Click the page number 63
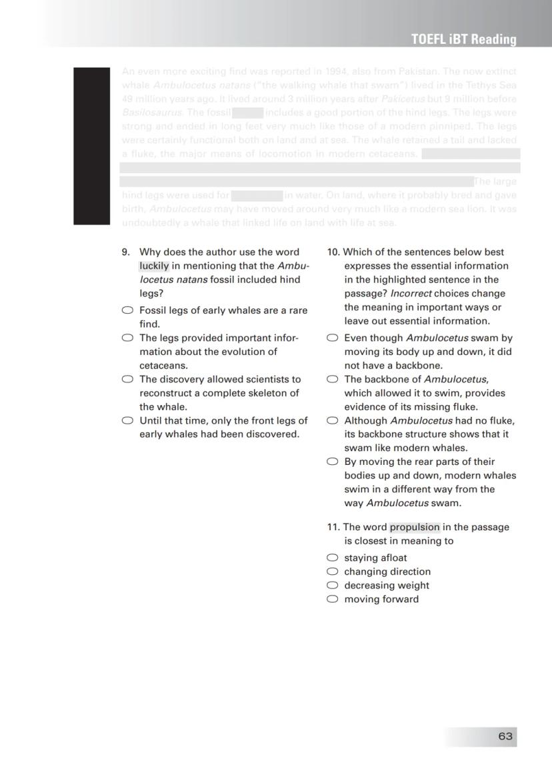pyautogui.click(x=505, y=736)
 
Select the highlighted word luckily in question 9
pyautogui.click(x=154, y=266)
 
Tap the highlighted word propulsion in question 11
pyautogui.click(x=415, y=527)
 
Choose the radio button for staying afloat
pyautogui.click(x=332, y=558)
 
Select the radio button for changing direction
pyautogui.click(x=332, y=572)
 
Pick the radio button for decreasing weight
pyautogui.click(x=332, y=585)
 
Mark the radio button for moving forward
pyautogui.click(x=332, y=599)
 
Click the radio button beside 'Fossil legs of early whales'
pyautogui.click(x=127, y=310)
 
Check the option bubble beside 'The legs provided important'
pyautogui.click(x=127, y=338)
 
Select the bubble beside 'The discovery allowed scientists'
pyautogui.click(x=127, y=379)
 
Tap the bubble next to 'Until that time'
pyautogui.click(x=127, y=420)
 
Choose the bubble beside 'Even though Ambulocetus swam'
pyautogui.click(x=332, y=338)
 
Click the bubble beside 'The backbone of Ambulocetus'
pyautogui.click(x=332, y=379)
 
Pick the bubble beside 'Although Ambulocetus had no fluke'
pyautogui.click(x=332, y=420)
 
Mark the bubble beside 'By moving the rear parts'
pyautogui.click(x=332, y=462)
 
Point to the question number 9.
pyautogui.click(x=125, y=252)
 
